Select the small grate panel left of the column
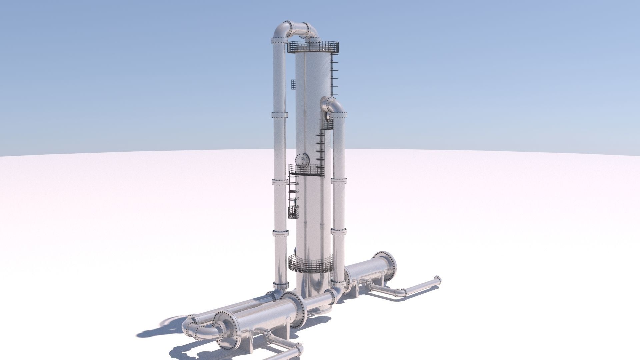(x=293, y=84)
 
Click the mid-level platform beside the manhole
(x=306, y=170)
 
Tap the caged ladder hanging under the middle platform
(x=293, y=197)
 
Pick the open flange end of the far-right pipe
(x=437, y=281)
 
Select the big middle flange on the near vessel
(x=294, y=310)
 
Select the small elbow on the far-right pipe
(x=400, y=292)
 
